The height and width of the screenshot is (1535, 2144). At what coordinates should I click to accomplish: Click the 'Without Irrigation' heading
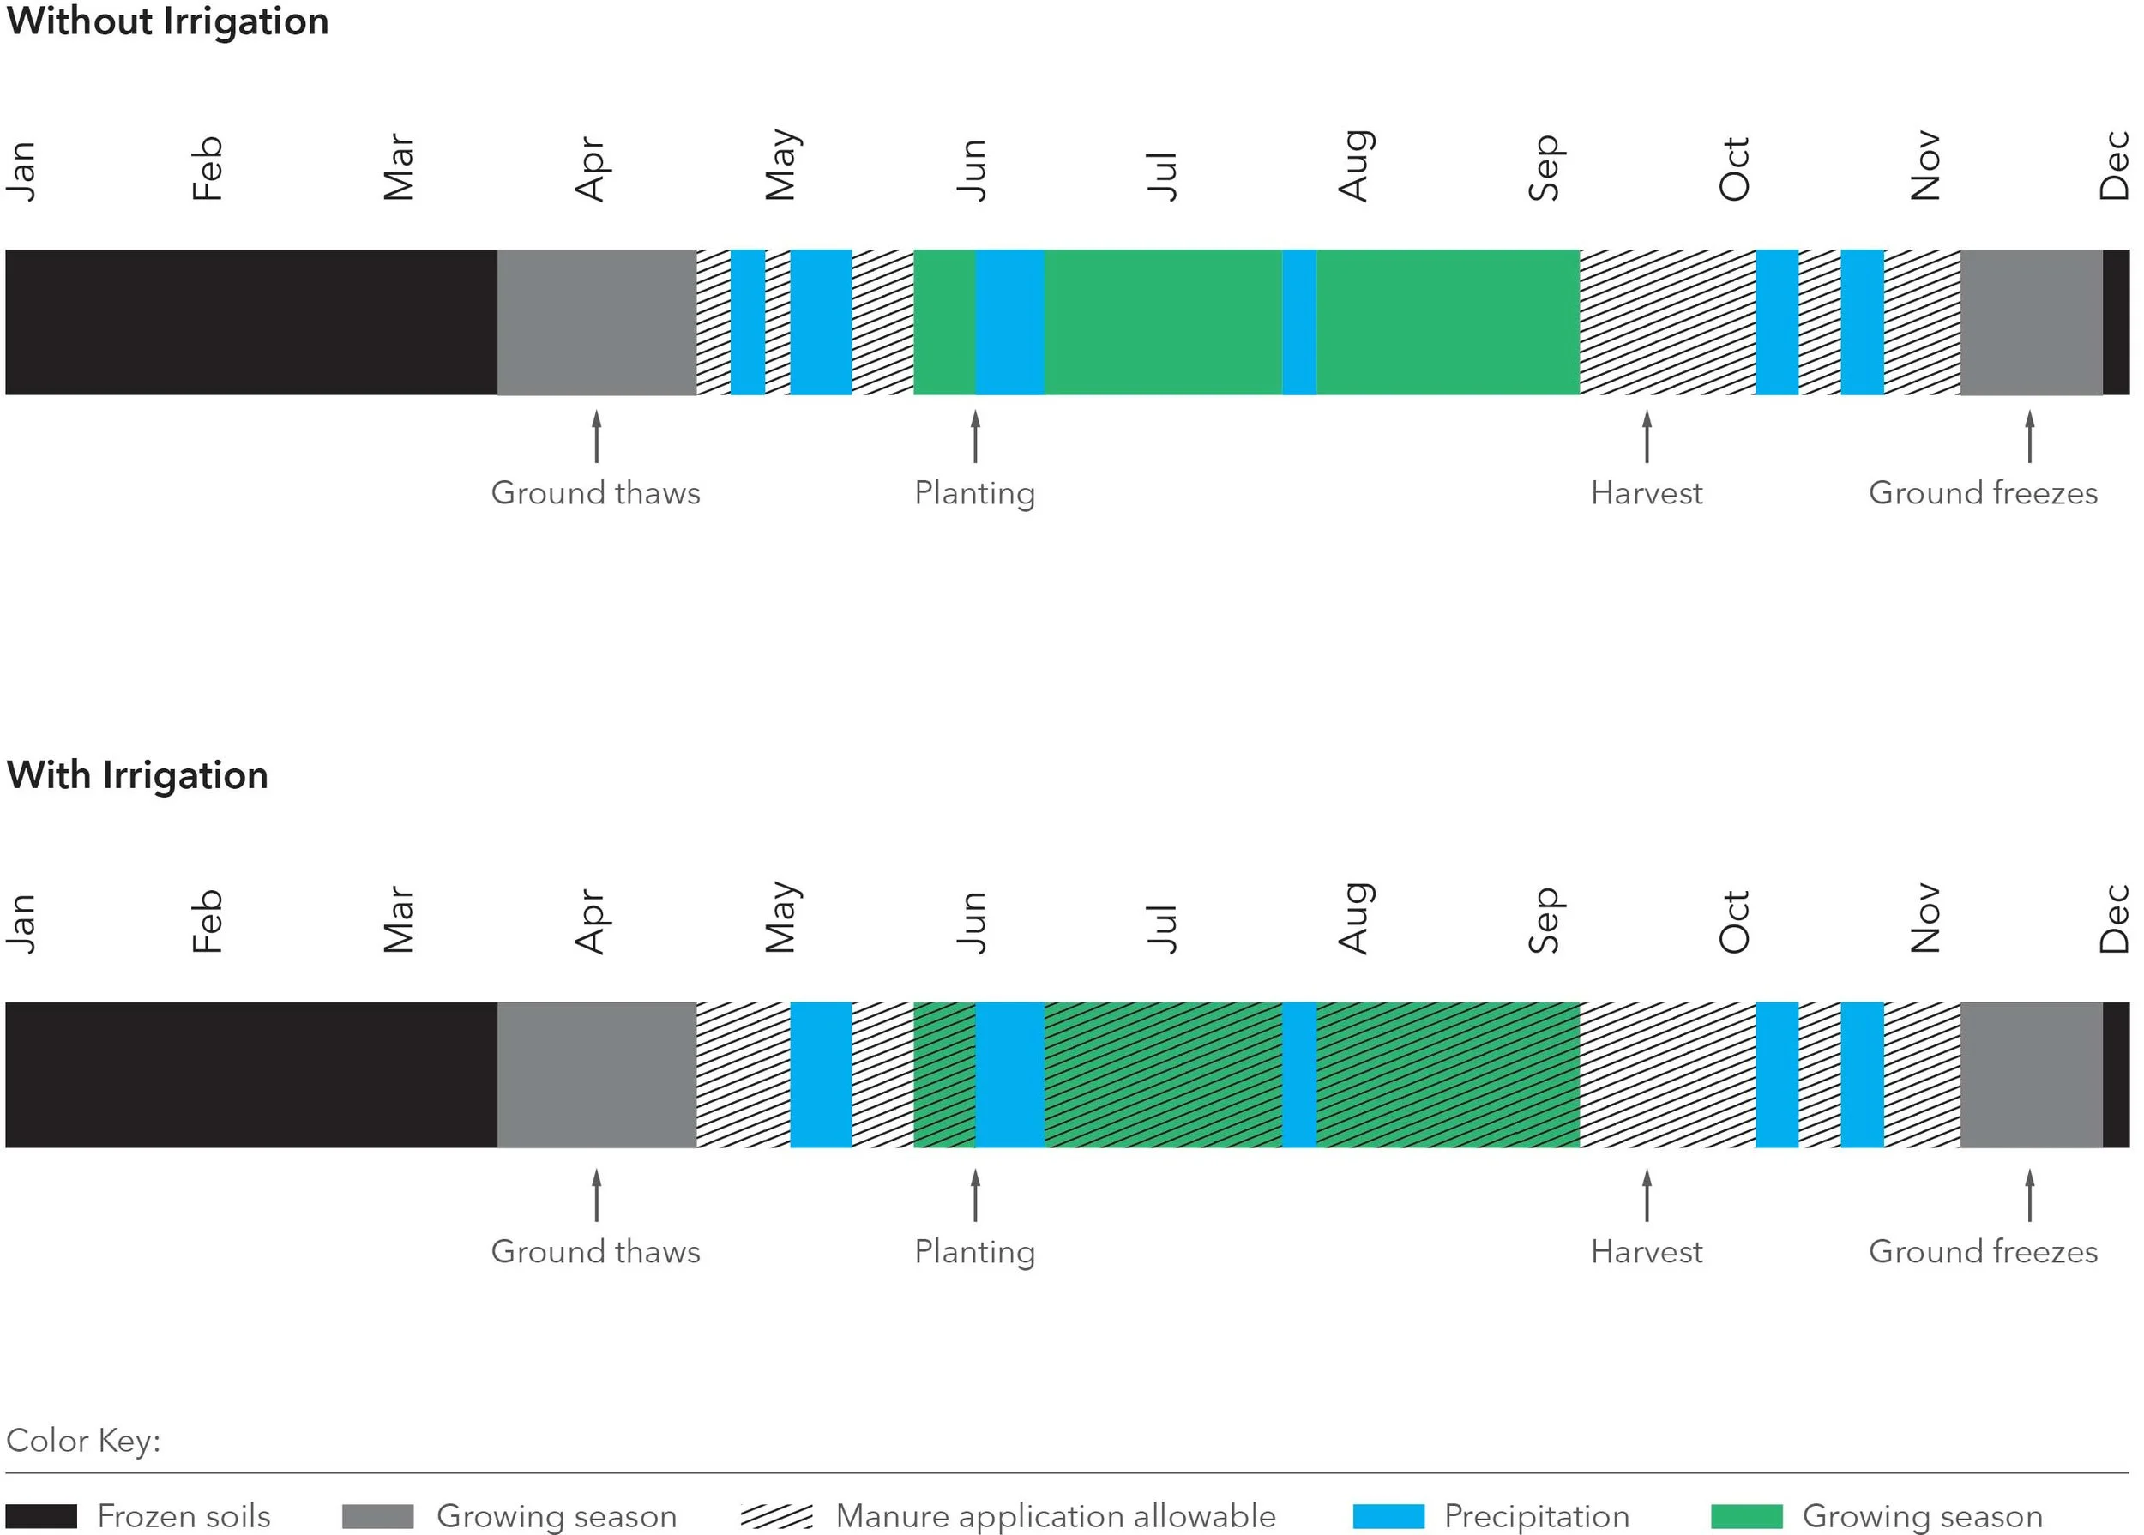[x=167, y=21]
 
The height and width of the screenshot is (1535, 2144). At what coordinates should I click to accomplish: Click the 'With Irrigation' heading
[x=137, y=775]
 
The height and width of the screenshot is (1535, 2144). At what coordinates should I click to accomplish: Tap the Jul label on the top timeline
[x=1163, y=176]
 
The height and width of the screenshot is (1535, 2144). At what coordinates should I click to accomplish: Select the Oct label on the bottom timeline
[x=1735, y=922]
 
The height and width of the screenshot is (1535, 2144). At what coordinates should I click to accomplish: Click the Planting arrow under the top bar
[x=976, y=436]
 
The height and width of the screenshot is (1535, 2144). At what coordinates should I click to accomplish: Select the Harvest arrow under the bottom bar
[x=1647, y=1195]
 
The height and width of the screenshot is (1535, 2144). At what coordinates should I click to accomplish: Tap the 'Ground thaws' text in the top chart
[x=595, y=493]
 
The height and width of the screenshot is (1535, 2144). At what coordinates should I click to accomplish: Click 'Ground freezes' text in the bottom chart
[x=1984, y=1251]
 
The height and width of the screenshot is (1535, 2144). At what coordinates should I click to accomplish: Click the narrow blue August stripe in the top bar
[x=1299, y=322]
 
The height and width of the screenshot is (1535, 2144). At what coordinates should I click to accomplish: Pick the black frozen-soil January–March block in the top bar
[x=250, y=322]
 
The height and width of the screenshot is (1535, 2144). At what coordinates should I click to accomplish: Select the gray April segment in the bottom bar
[x=597, y=1074]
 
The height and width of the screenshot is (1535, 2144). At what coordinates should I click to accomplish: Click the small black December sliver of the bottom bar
[x=2116, y=1074]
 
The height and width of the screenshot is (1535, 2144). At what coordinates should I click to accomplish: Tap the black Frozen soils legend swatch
[x=42, y=1516]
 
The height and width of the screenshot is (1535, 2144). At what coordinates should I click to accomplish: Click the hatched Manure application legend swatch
[x=776, y=1516]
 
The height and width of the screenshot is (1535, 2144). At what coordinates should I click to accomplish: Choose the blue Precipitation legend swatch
[x=1388, y=1516]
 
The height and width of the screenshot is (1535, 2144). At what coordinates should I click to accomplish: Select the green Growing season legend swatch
[x=1747, y=1516]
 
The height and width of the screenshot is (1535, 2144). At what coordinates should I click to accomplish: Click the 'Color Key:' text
[x=83, y=1441]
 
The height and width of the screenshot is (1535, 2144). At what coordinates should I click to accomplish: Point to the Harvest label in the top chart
[x=1647, y=493]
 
